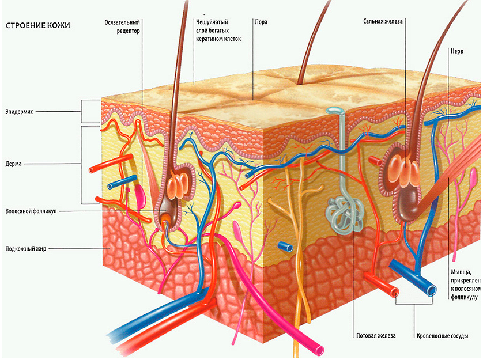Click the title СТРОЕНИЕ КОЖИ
[37, 26]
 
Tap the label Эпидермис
[21, 111]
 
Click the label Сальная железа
[383, 22]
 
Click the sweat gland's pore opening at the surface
[334, 110]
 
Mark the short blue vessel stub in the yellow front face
[285, 247]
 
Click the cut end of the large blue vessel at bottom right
[429, 293]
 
